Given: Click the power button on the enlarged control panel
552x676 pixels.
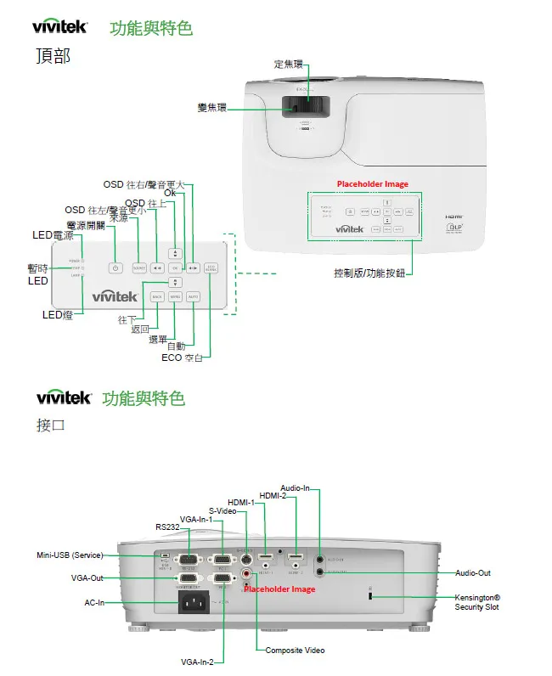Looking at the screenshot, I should pos(115,268).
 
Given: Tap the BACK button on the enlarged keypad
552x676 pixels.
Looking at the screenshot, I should pos(157,296).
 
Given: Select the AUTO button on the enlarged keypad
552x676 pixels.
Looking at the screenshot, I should pos(193,296).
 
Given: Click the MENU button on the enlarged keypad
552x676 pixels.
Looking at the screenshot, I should pos(175,296).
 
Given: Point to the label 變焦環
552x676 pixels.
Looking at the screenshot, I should pos(211,107).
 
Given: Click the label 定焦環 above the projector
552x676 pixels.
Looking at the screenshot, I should pos(288,65).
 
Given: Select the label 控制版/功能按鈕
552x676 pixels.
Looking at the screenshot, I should pos(369,273).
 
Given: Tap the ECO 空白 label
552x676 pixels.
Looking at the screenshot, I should pos(182,358).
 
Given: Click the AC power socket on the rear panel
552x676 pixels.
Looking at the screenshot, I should pos(192,603).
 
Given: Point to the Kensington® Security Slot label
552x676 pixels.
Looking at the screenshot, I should pos(477,602).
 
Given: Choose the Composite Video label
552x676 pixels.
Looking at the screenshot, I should pos(295,651).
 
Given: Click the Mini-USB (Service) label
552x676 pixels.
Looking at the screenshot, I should pos(70,555).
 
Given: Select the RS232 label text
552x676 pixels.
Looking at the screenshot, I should pos(167,527).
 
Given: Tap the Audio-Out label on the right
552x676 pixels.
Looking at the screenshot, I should pos(473,573).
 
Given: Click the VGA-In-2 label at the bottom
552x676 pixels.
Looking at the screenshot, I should pos(197,662).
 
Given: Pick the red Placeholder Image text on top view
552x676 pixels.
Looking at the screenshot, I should pos(372,183).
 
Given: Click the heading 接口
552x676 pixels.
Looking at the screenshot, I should pos(51,425).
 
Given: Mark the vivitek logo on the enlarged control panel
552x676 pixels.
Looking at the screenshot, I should pos(115,296).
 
